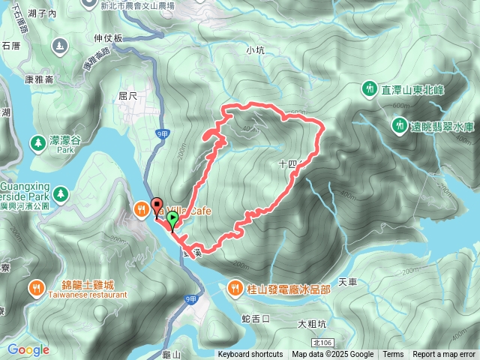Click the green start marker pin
[x=172, y=220]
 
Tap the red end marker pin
[x=157, y=204]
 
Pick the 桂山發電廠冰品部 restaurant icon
[x=235, y=287]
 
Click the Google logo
[x=28, y=349]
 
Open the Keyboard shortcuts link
[x=250, y=355]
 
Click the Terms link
[x=393, y=355]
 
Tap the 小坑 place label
[x=256, y=51]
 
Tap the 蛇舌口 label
[x=256, y=318]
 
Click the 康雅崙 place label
[x=38, y=79]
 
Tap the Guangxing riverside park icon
[x=60, y=195]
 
